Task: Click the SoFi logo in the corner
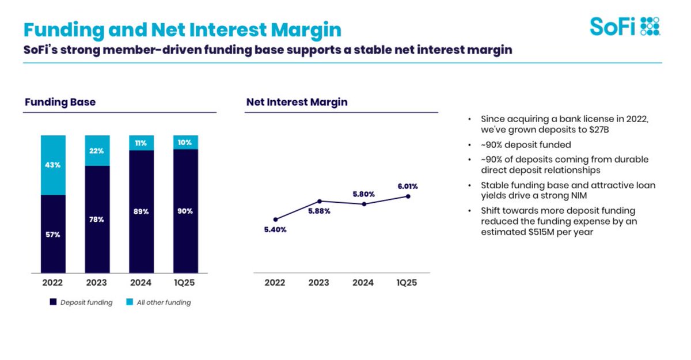[625, 26]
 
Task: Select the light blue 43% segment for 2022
[53, 165]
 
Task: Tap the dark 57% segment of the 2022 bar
[53, 234]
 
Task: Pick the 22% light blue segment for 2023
[97, 151]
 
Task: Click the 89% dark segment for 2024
[141, 211]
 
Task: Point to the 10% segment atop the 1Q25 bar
[185, 142]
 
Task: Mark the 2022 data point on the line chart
[275, 219]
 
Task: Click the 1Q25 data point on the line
[408, 196]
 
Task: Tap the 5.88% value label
[319, 212]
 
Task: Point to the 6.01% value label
[407, 186]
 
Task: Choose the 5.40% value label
[275, 229]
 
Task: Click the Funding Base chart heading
[60, 103]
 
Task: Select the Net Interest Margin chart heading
[297, 103]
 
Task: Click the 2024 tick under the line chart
[363, 283]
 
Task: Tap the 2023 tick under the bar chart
[97, 283]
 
